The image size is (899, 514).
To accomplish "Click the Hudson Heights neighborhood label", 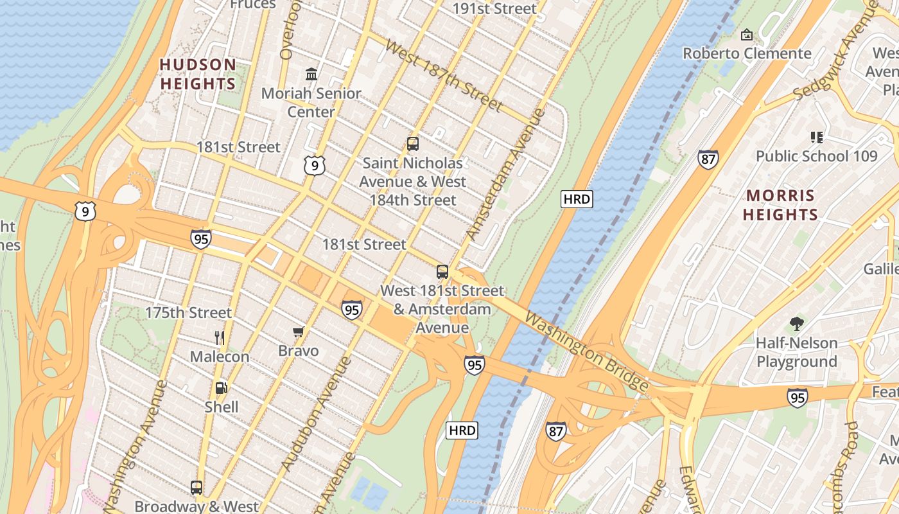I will click(198, 74).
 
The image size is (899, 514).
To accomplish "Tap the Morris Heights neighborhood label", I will click(780, 205).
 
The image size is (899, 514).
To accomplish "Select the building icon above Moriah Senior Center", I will click(311, 74).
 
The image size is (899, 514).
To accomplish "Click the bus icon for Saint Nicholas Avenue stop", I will click(413, 144).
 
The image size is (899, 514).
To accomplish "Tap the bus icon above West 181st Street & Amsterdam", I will click(442, 271).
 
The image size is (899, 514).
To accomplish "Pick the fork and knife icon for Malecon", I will click(220, 337).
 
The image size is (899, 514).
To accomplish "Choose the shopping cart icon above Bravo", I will click(298, 332).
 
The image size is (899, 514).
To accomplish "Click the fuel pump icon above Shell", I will click(221, 387).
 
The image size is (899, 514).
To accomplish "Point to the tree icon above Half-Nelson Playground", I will click(797, 324).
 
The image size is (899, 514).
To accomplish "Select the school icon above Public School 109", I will click(816, 136).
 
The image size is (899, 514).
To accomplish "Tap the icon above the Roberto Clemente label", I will click(747, 34).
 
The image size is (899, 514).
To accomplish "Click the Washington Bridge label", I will click(586, 351).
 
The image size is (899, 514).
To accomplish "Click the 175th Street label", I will click(188, 313).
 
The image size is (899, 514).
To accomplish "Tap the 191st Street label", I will click(494, 8).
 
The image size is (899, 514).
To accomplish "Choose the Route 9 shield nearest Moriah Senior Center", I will click(315, 166).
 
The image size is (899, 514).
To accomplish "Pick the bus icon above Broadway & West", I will click(196, 487).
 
